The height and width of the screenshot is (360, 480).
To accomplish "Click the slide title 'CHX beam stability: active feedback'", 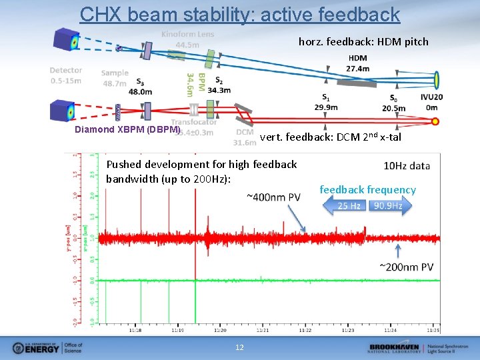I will [x=240, y=14].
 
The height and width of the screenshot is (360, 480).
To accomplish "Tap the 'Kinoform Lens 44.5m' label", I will [x=187, y=39].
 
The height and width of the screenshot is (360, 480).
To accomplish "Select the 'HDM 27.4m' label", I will [x=357, y=63].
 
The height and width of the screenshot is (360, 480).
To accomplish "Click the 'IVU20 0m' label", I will [x=433, y=102].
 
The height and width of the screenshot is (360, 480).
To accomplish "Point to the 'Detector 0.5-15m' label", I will [x=65, y=75].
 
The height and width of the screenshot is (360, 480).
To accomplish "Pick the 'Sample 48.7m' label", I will [x=115, y=78].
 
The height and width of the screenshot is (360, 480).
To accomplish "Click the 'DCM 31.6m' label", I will [x=245, y=137].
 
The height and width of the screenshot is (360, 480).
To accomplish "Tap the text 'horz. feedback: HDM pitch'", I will [x=363, y=42].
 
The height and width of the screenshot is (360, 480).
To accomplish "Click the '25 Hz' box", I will [x=349, y=206].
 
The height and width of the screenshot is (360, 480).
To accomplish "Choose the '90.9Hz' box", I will [x=387, y=206].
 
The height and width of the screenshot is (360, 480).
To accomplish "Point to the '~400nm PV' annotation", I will [x=273, y=197].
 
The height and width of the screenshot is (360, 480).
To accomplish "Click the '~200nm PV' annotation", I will [x=406, y=267].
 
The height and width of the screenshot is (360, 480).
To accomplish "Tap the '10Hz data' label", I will [x=407, y=166].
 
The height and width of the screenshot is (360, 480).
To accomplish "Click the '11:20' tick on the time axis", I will [x=219, y=329].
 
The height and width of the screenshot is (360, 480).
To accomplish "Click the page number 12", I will [x=240, y=347].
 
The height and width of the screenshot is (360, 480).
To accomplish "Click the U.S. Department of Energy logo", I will [x=47, y=347].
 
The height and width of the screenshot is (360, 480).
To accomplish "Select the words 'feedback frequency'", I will [x=367, y=190].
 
